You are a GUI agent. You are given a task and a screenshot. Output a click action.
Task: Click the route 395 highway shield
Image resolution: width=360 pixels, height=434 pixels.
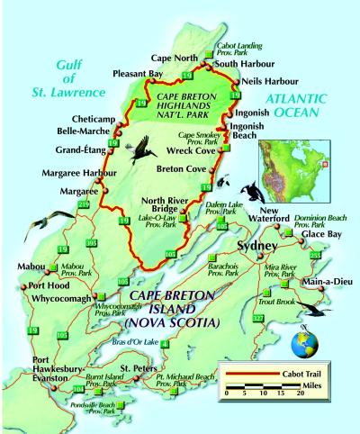[91, 243]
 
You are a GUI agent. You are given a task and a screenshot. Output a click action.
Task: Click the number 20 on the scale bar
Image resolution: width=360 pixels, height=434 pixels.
[287, 393]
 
